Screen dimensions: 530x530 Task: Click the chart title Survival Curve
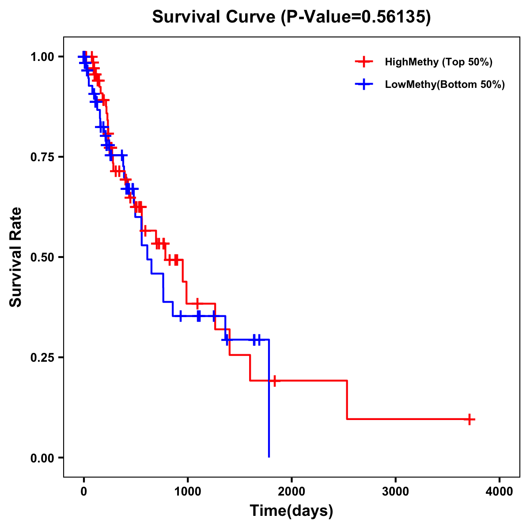click(215, 17)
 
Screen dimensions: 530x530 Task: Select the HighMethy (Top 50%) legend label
click(438, 62)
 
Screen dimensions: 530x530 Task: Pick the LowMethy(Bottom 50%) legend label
click(444, 84)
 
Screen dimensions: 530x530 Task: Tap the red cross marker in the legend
click(363, 62)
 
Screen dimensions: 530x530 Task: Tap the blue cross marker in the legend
click(363, 84)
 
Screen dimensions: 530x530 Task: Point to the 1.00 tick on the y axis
click(42, 57)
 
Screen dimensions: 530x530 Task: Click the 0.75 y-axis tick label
click(42, 157)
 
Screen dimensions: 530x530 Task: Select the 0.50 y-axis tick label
click(42, 257)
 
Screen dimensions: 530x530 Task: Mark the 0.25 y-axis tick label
click(42, 358)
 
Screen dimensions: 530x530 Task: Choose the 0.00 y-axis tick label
click(42, 458)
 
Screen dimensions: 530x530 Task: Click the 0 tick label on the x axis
click(83, 492)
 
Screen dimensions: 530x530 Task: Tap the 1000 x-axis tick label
click(187, 492)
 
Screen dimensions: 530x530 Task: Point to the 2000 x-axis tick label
click(291, 492)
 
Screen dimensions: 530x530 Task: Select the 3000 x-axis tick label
click(395, 492)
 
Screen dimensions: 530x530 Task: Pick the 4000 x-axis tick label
click(500, 492)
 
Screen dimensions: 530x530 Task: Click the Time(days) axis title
click(291, 511)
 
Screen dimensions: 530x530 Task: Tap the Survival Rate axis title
click(16, 257)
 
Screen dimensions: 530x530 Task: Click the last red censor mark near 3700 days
click(470, 419)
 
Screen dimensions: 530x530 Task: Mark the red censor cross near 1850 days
click(275, 381)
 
